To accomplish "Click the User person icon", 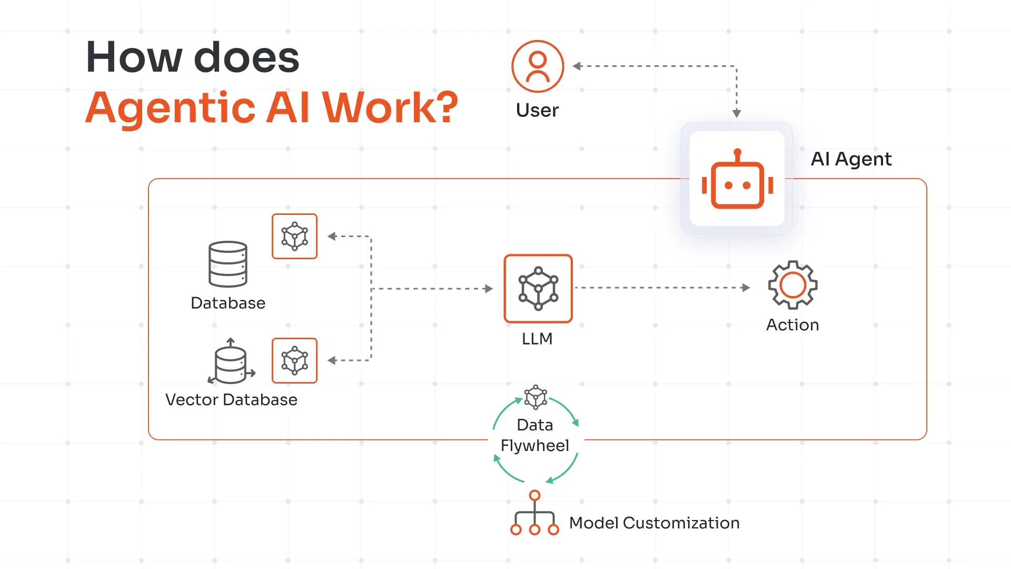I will coord(538,66).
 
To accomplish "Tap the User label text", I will coord(537,110).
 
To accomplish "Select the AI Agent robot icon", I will coord(737,180).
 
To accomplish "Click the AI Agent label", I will coord(851,159).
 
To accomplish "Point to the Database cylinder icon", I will coord(228,264).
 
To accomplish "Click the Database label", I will coord(228,303).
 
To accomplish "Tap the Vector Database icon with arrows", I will coord(231,362).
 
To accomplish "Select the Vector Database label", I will coord(231,400).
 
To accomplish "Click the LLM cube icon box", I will coord(538,289).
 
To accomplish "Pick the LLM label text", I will coord(537,339).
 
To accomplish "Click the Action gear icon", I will coord(792,285).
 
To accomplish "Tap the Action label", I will coord(792,325).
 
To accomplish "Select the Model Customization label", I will coord(655,523).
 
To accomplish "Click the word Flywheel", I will coord(535,446).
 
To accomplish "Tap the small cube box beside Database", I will coord(294,236).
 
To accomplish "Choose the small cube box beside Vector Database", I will coord(294,360).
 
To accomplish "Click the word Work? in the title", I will coord(390,107).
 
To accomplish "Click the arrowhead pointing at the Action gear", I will coord(746,288).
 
